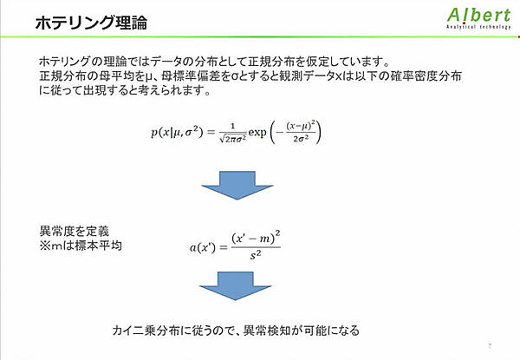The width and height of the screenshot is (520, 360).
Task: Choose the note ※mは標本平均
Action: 80,245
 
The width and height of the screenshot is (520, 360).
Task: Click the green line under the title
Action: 260,39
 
